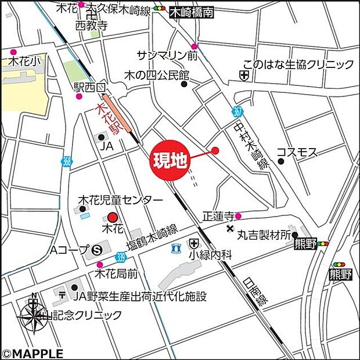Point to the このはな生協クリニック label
coord(298,64)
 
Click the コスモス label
coord(297,152)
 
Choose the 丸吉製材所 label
coord(264,235)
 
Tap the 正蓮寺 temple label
coord(218,217)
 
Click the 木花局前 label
coord(117,273)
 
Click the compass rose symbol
coord(34,317)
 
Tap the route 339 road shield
coord(120,255)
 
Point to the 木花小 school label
coord(21,60)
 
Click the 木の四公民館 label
coord(157,75)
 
